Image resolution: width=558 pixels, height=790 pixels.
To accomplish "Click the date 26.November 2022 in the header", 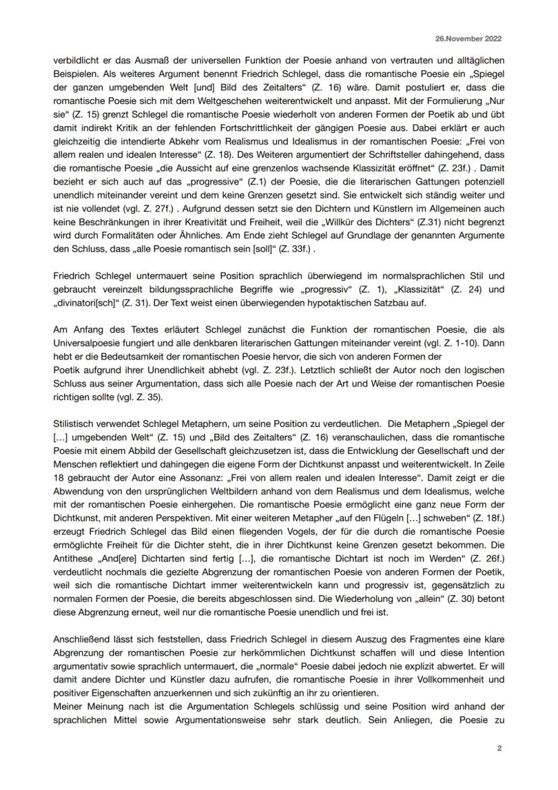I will (x=472, y=39).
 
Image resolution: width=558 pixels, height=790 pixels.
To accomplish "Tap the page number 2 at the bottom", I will (x=499, y=747).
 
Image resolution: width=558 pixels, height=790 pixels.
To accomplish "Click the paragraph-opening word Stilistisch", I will (x=75, y=426).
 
